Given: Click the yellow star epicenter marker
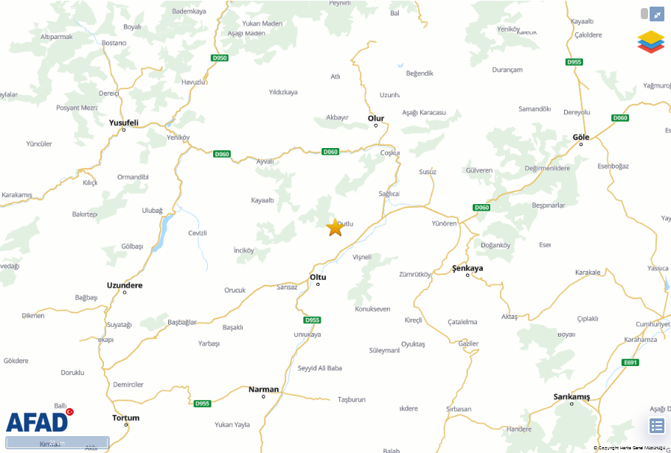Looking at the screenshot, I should (x=335, y=228).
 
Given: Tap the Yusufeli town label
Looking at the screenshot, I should (x=123, y=122).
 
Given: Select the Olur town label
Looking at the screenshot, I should (x=376, y=118).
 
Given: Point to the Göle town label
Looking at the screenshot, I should (x=581, y=137).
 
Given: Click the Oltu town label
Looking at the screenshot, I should (x=318, y=277).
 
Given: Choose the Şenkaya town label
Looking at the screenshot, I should (x=467, y=268).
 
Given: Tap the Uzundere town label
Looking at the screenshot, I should (x=125, y=285).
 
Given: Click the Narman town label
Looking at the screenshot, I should (x=263, y=389).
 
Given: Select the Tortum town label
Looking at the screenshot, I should (x=125, y=418).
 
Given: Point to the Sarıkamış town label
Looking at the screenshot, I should (x=571, y=397).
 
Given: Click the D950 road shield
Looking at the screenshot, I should (x=219, y=57).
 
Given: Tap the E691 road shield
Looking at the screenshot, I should (x=630, y=362).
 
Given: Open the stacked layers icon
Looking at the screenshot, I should (x=650, y=41).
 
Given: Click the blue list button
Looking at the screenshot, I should (x=657, y=425).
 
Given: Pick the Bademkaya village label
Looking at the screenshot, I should (x=189, y=11).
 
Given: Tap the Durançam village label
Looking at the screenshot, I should (x=507, y=70).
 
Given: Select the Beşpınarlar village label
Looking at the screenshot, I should (x=543, y=206).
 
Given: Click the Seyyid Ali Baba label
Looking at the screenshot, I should (x=319, y=368).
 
